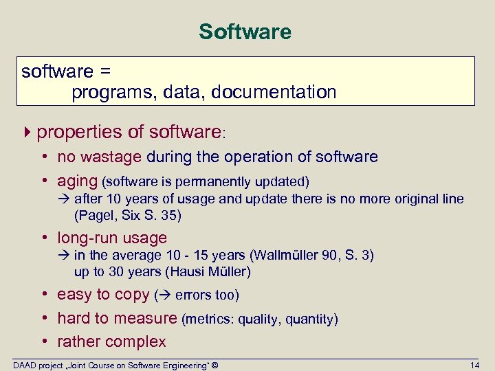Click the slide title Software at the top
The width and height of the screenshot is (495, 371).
coord(245,32)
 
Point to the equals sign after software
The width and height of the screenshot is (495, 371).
coord(105,71)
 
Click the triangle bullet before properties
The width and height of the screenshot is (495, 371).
coord(27,131)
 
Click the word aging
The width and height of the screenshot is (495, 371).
coord(77,181)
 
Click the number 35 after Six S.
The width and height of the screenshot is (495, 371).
coord(171,215)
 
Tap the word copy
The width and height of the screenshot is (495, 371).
coord(132,295)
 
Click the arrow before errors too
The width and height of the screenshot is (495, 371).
coord(164,295)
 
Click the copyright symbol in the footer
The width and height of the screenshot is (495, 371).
coord(214,365)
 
